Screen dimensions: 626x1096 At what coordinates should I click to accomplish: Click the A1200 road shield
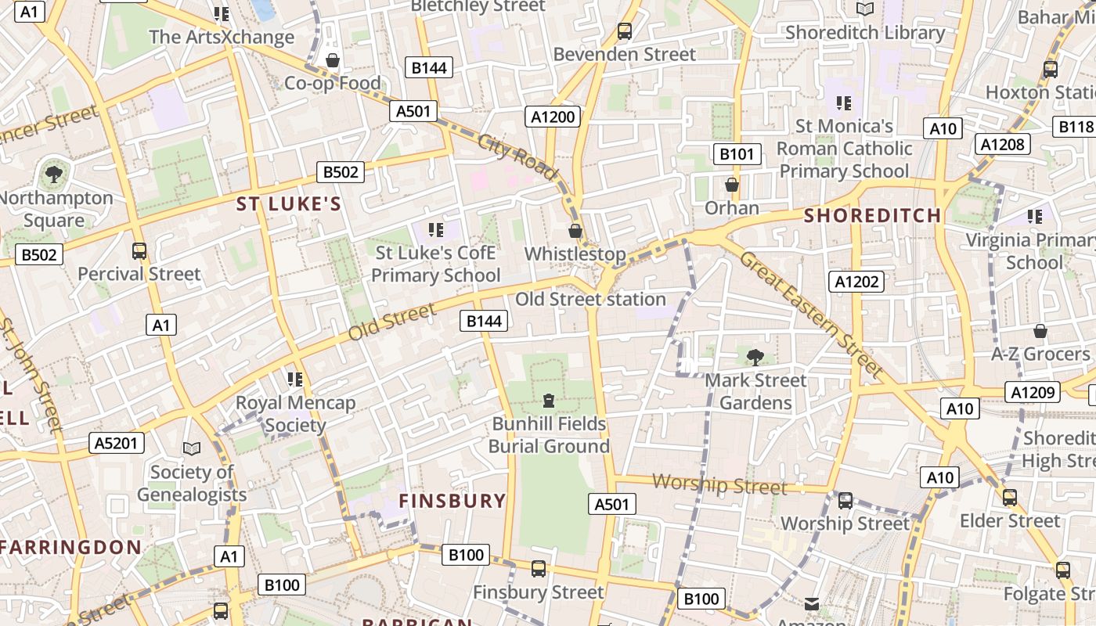(x=553, y=117)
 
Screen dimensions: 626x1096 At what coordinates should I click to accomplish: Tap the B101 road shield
(x=736, y=153)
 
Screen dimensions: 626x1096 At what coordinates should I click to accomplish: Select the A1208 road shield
(x=1002, y=144)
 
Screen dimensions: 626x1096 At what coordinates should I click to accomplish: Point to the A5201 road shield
(x=116, y=443)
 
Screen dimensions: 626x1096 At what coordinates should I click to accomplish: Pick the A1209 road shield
(x=1033, y=392)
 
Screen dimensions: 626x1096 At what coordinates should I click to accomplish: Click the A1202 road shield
(x=857, y=282)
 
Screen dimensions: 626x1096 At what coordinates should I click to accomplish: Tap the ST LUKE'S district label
(x=289, y=204)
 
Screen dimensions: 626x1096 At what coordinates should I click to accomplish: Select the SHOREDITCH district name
(x=872, y=215)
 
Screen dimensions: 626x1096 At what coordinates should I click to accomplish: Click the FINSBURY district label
(x=452, y=501)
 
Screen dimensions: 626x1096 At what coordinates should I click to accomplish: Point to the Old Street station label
(x=590, y=299)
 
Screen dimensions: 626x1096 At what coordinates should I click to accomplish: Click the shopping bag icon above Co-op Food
(x=333, y=60)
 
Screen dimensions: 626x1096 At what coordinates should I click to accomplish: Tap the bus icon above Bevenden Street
(x=624, y=31)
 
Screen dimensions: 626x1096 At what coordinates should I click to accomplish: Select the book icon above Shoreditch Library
(x=864, y=9)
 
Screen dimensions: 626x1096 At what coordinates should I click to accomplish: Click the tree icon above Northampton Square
(x=53, y=174)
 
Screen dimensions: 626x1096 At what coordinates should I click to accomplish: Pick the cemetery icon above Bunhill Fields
(x=548, y=401)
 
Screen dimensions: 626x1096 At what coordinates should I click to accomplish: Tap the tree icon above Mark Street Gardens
(x=755, y=358)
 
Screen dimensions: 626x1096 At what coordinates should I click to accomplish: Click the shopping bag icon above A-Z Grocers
(x=1040, y=331)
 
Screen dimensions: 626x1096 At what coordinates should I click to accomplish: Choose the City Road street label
(x=517, y=156)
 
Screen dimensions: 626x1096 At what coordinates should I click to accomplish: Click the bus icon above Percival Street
(x=139, y=251)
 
